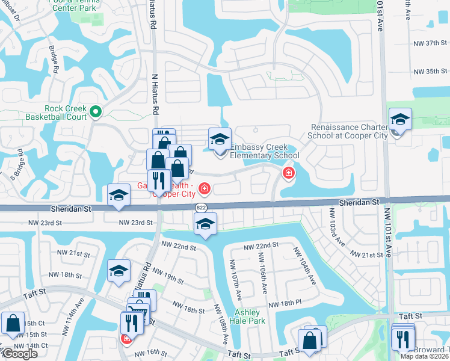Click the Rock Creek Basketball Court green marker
tap(96, 111)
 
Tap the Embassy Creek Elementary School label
tap(264, 151)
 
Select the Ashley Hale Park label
tap(247, 316)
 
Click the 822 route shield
tap(202, 207)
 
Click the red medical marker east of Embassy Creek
tap(288, 173)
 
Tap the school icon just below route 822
tap(205, 225)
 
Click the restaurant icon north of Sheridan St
tap(159, 181)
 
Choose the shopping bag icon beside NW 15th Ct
tap(13, 323)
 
